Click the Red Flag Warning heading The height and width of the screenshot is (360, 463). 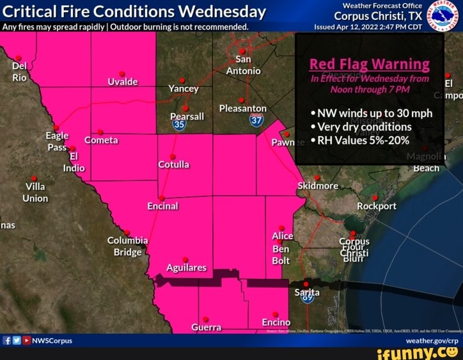[369, 64]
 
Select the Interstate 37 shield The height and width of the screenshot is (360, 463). [256, 120]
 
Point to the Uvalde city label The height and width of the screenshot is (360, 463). [123, 82]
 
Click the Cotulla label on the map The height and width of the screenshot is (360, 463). [173, 164]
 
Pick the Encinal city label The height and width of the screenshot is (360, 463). [162, 206]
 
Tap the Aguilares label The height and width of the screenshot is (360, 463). [186, 267]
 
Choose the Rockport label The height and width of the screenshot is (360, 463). [377, 206]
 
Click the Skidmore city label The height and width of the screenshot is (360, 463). [318, 185]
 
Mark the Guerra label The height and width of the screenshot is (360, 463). [206, 327]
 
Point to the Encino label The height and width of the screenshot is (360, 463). [276, 322]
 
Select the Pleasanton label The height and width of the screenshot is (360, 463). [242, 108]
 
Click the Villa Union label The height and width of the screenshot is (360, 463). [35, 192]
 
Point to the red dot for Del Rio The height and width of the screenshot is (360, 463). [18, 58]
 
